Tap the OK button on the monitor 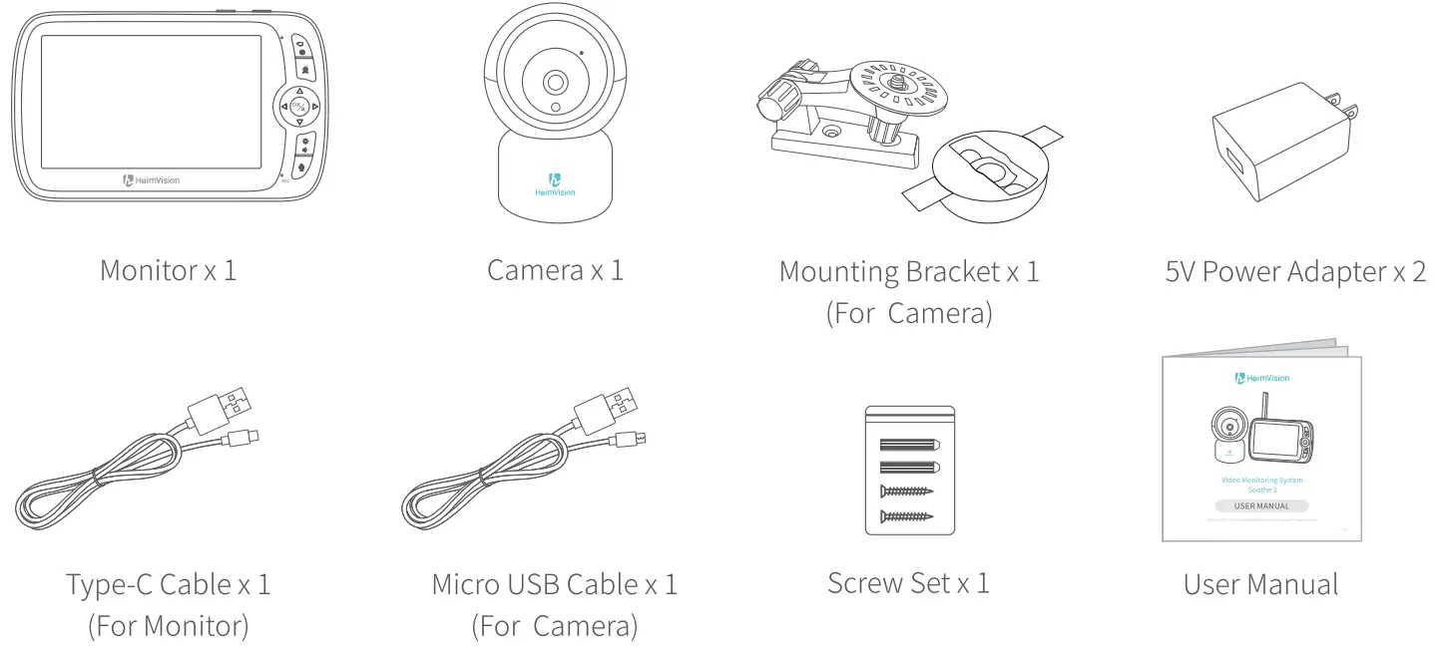(x=299, y=106)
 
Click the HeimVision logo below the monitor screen (x=152, y=180)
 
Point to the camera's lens (x=555, y=82)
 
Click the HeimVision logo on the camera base (x=555, y=184)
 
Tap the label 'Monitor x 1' (x=169, y=270)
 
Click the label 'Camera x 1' (x=555, y=270)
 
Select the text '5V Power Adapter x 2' (x=1295, y=271)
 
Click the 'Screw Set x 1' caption (x=908, y=582)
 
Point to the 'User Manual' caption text (x=1260, y=584)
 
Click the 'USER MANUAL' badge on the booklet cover (x=1260, y=505)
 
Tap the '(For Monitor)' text (x=169, y=626)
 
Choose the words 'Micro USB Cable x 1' (x=554, y=584)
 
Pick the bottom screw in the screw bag (x=907, y=515)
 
